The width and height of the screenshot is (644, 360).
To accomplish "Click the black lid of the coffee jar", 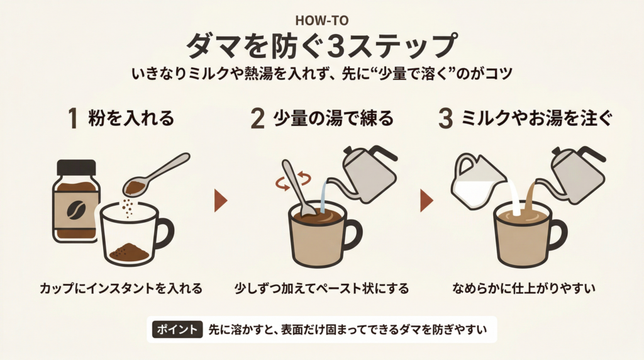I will pos(77,167).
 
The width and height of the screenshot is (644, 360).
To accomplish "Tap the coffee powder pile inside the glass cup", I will pos(129,253).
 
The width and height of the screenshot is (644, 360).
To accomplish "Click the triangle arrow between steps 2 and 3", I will pos(426,200).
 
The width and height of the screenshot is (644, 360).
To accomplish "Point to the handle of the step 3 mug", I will pos(555,233).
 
